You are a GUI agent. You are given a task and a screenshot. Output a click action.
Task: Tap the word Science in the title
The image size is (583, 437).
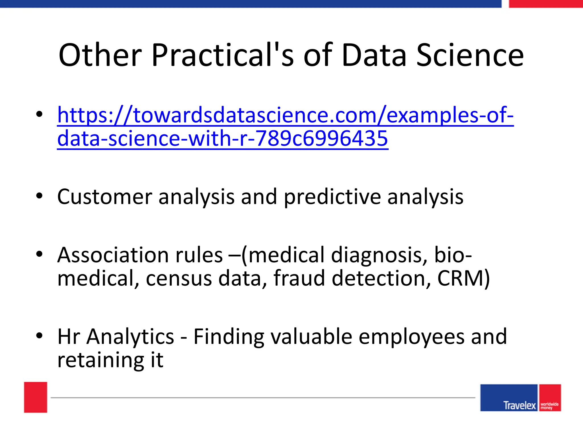(470, 55)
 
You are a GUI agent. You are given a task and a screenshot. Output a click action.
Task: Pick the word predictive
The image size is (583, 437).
(332, 197)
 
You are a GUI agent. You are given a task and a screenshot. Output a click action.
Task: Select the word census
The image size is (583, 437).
(179, 278)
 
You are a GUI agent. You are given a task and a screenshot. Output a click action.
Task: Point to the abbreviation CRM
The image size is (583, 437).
(460, 278)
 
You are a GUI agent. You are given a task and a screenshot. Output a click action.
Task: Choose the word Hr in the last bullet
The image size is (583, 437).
(69, 336)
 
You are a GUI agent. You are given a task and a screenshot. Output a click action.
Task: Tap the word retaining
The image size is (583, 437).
(101, 360)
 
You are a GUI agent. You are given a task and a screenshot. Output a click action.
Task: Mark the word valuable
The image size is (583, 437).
(311, 336)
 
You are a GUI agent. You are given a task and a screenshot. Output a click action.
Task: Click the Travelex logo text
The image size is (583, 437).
(520, 405)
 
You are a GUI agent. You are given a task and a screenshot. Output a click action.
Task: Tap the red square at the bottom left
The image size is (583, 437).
(36, 397)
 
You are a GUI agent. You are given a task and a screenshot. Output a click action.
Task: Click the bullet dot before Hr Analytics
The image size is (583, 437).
(39, 335)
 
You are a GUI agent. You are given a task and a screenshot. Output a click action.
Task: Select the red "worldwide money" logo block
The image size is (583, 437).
(550, 398)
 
